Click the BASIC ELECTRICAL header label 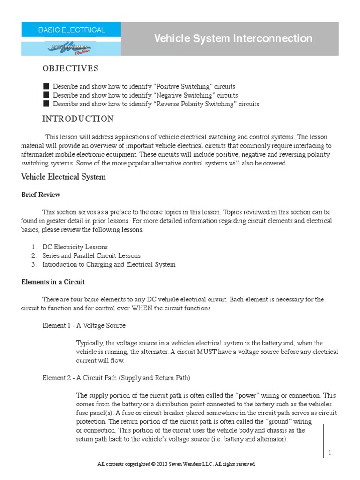tap(71, 30)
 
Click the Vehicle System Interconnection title tap(233, 38)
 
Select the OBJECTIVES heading tap(70, 69)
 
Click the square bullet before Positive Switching tap(45, 87)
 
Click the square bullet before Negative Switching tap(45, 95)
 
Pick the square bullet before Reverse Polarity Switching tap(45, 104)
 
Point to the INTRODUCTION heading tap(78, 119)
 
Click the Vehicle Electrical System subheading tap(63, 177)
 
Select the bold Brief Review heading tap(41, 195)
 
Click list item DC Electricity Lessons tap(75, 247)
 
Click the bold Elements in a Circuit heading tap(53, 282)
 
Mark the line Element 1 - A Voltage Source tap(84, 325)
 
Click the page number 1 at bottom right tap(330, 452)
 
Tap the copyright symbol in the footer tap(153, 464)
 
